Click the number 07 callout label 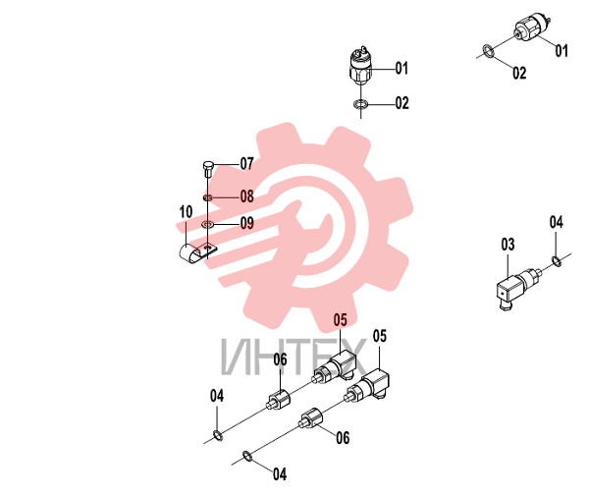click(246, 164)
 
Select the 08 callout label click(246, 196)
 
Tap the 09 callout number click(246, 223)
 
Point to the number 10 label click(186, 212)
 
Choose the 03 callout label click(508, 245)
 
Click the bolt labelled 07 click(208, 170)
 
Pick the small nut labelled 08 click(207, 197)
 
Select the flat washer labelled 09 click(207, 224)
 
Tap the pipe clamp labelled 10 click(196, 253)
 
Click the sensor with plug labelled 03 click(518, 287)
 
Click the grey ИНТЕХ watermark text click(294, 358)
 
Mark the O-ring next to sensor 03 click(557, 261)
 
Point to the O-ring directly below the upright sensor click(361, 104)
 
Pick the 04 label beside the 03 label click(557, 222)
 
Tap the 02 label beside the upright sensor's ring click(402, 103)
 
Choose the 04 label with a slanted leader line click(280, 474)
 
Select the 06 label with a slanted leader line click(343, 438)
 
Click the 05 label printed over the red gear click(341, 320)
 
